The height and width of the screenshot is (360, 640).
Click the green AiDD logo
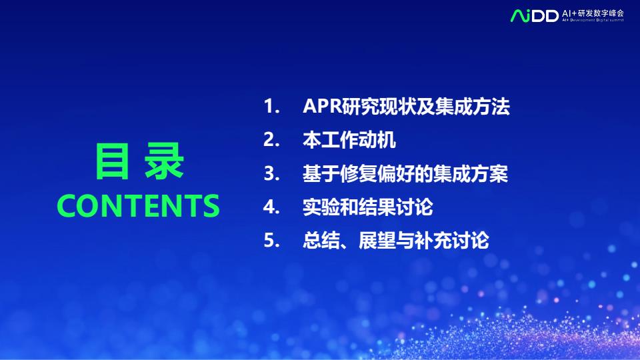click(534, 15)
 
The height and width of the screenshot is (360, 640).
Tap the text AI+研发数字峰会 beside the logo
click(593, 13)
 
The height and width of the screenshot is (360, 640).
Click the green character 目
click(112, 161)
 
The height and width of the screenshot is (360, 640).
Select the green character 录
click(165, 161)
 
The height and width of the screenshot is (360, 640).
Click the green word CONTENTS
click(139, 205)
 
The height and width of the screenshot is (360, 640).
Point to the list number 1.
click(271, 106)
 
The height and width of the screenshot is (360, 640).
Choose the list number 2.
click(271, 139)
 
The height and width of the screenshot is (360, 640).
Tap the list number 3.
click(271, 173)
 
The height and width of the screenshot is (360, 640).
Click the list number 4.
click(271, 207)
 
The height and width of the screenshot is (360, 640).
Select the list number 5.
click(271, 240)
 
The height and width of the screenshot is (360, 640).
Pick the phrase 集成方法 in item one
click(472, 107)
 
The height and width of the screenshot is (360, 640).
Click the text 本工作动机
click(349, 140)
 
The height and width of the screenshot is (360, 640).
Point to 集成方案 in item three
click(471, 173)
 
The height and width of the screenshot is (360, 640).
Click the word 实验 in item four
click(321, 207)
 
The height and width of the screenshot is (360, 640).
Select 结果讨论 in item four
click(396, 207)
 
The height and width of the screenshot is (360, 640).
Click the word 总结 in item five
click(321, 241)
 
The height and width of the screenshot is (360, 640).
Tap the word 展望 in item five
click(377, 241)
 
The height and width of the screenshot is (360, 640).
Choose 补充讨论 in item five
click(452, 241)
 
